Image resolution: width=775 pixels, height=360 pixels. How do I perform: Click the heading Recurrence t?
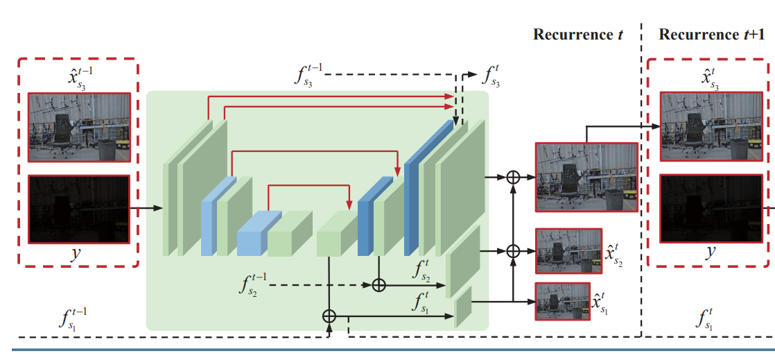point(578,35)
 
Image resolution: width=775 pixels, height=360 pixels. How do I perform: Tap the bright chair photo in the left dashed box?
point(80,127)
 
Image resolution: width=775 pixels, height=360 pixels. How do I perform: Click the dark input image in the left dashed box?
point(79,209)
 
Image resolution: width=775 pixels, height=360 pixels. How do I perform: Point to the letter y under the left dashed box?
point(78,255)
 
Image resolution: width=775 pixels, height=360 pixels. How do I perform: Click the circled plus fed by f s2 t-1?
point(378,285)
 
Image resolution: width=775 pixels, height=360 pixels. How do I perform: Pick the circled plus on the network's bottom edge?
point(329,316)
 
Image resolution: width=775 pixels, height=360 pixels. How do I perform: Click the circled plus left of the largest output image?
point(514,177)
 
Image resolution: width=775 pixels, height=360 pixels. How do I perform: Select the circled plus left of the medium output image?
point(514,251)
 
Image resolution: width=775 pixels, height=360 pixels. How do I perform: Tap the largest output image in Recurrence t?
point(586,178)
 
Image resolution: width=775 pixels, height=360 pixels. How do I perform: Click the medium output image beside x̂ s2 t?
point(569,250)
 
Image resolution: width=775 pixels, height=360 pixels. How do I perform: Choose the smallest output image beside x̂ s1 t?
point(563,301)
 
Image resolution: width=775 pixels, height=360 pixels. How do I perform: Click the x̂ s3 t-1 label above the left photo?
point(78,78)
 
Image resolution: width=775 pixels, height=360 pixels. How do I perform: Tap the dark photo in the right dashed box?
point(711,209)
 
